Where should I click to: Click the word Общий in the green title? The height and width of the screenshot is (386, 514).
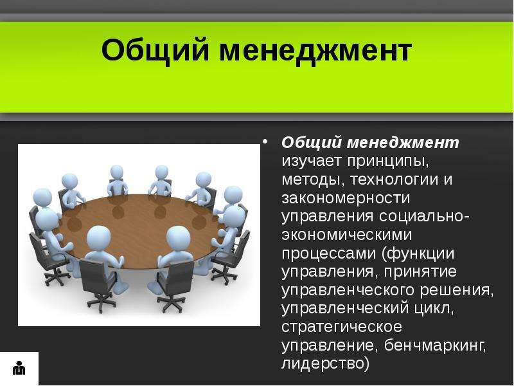tap(155, 50)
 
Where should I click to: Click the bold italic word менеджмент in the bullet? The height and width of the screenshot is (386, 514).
tap(403, 143)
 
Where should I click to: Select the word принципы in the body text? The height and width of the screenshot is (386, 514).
tap(388, 162)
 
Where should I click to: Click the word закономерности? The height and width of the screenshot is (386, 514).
tap(346, 198)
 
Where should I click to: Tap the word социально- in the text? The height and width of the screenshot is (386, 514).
tap(424, 217)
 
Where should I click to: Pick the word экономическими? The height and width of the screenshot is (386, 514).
tap(347, 235)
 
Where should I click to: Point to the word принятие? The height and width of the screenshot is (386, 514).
tap(420, 272)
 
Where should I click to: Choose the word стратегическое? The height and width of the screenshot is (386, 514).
tap(342, 327)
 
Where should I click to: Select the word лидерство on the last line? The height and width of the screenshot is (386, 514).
tap(323, 363)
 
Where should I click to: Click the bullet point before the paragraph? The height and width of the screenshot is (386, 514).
tap(265, 142)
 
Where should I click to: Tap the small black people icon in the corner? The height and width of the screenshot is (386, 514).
tap(19, 368)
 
